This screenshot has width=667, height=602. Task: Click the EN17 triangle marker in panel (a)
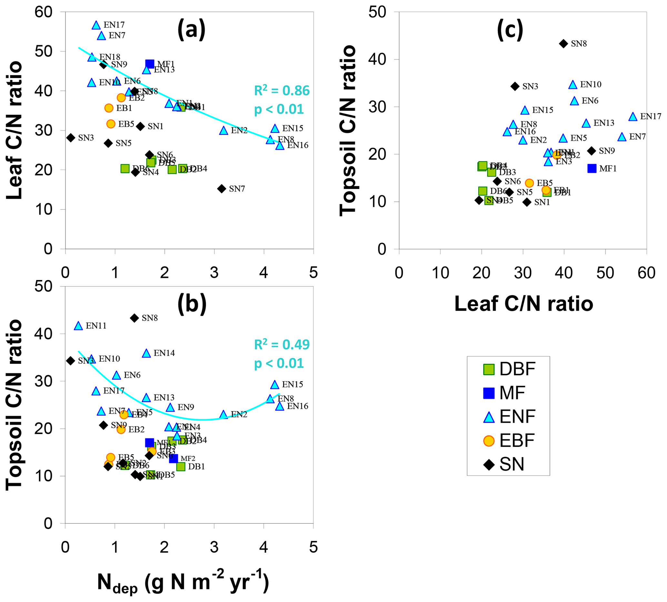[x=96, y=25]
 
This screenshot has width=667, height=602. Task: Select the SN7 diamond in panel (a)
[x=221, y=188]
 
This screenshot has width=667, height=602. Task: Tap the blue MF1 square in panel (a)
[x=149, y=64]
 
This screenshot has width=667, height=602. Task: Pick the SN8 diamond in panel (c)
[x=563, y=44]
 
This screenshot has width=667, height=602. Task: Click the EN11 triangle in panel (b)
[x=78, y=326]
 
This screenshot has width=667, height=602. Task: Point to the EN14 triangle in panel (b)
[x=146, y=353]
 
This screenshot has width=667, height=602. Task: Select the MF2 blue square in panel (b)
[x=173, y=458]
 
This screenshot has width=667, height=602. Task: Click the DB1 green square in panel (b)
[x=181, y=467]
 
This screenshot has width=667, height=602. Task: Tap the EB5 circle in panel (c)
[x=529, y=183]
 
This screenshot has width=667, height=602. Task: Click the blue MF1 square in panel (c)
[x=592, y=168]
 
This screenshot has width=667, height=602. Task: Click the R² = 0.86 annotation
[x=282, y=91]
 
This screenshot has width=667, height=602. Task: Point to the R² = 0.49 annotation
[x=282, y=345]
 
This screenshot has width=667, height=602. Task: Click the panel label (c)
[x=510, y=29]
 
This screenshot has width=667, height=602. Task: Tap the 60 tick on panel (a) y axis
[x=44, y=12]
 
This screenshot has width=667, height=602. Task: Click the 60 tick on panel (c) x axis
[x=646, y=273]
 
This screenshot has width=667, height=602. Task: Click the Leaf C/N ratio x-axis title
[x=523, y=304]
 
